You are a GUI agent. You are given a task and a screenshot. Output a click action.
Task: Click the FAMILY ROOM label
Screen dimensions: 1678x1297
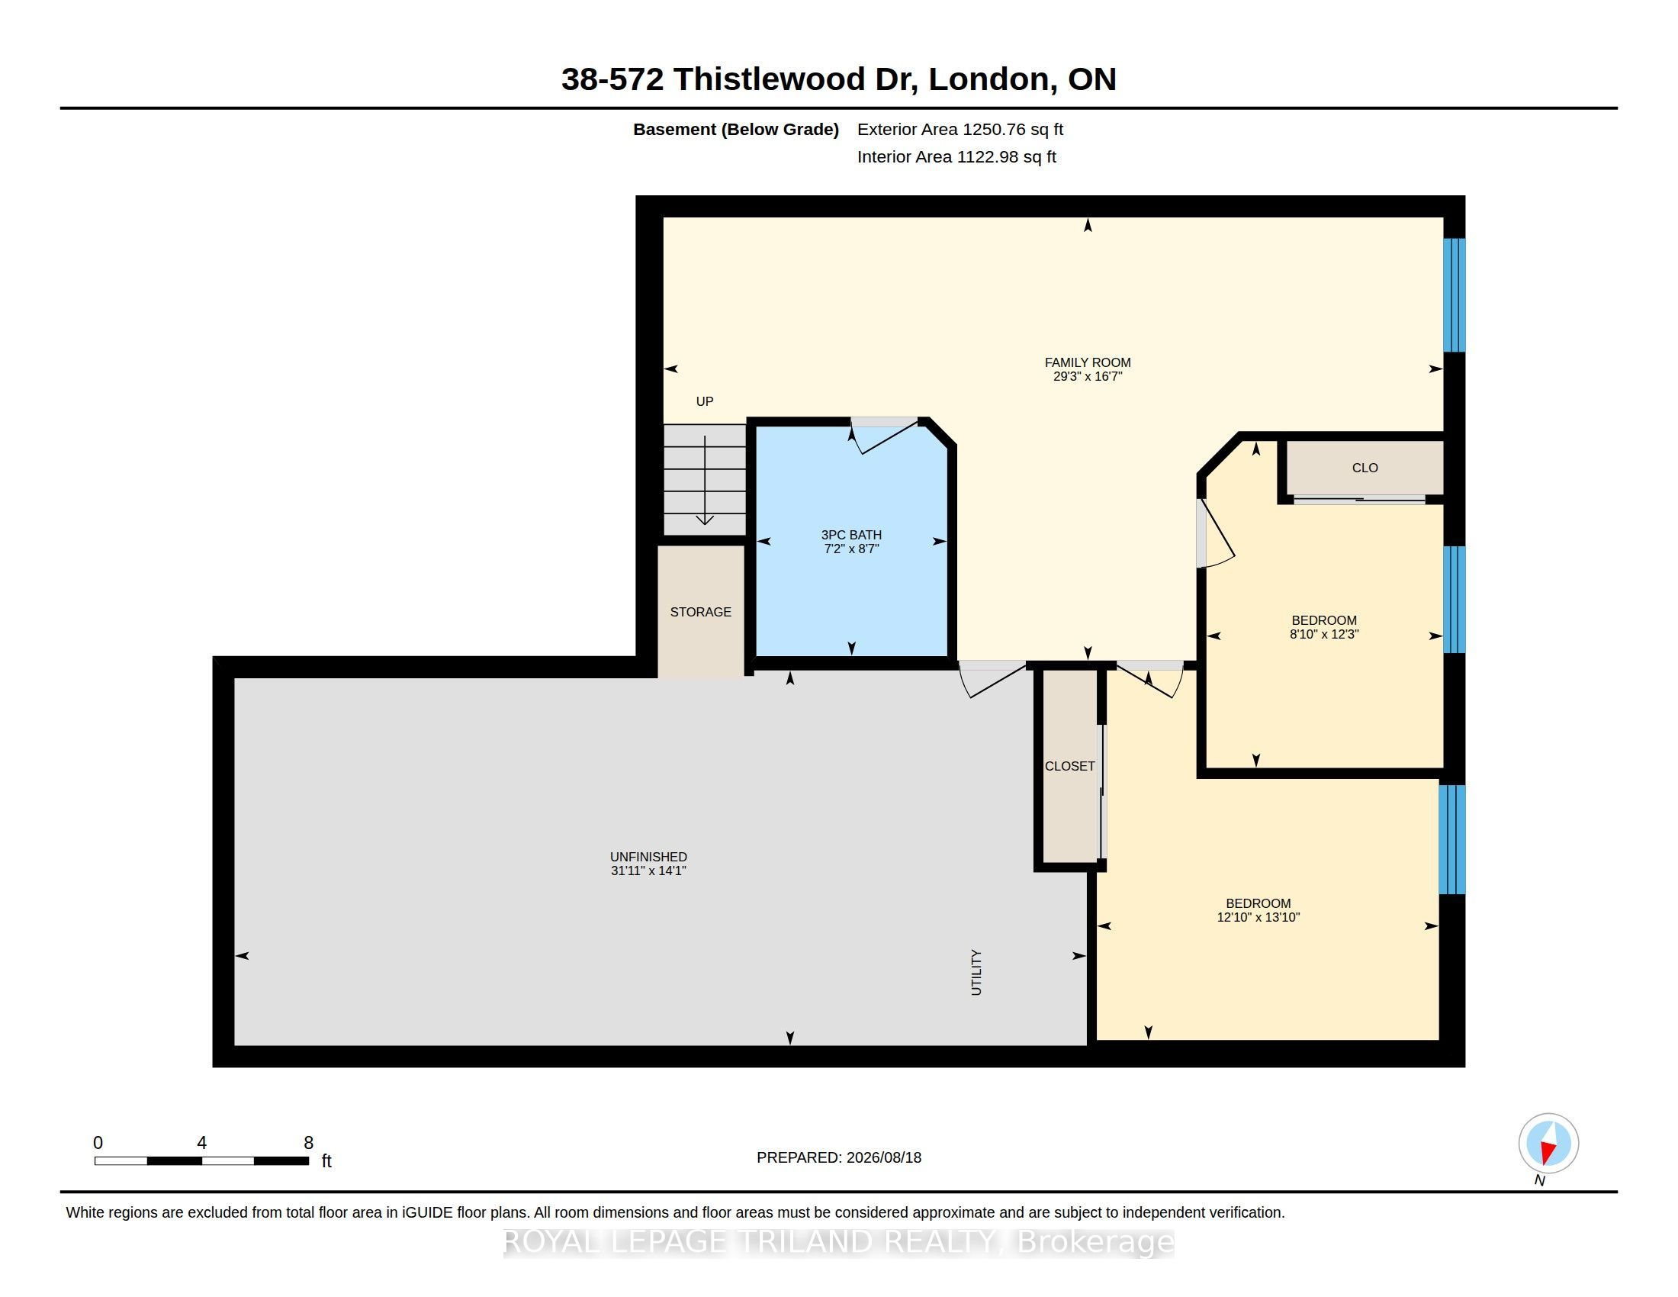point(1087,362)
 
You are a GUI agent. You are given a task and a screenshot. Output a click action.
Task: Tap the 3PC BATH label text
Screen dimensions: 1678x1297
point(851,535)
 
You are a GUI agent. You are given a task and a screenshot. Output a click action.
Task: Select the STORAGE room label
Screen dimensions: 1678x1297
point(701,612)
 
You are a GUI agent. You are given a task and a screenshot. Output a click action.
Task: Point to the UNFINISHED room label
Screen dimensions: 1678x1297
point(648,857)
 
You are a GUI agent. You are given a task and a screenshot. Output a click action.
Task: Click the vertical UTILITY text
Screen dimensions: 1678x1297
point(976,973)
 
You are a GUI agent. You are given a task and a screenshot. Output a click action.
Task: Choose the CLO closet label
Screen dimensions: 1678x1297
point(1365,468)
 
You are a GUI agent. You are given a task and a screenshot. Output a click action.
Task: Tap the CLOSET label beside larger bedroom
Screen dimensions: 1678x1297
point(1069,766)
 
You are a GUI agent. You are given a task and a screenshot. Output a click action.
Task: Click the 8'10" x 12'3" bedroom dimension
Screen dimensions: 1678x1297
point(1324,635)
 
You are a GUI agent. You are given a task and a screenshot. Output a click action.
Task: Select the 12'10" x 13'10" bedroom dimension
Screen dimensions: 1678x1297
point(1258,917)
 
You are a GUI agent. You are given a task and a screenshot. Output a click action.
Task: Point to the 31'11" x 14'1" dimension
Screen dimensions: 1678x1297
point(648,871)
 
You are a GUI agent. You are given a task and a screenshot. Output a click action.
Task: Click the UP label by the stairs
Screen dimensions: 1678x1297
point(705,401)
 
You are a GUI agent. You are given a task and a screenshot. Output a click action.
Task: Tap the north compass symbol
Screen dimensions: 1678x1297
point(1548,1144)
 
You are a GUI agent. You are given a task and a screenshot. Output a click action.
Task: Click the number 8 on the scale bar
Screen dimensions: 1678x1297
point(309,1143)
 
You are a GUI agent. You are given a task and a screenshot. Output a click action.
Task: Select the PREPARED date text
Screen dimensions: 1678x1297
point(839,1157)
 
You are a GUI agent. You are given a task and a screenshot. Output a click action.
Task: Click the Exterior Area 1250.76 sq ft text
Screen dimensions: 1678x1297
point(960,129)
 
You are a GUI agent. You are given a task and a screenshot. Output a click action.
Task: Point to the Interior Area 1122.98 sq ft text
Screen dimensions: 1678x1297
point(956,156)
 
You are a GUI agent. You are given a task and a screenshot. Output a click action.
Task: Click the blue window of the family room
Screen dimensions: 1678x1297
point(1454,295)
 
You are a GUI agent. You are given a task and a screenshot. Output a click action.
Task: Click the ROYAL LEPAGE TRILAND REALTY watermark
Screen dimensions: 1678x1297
point(839,1242)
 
